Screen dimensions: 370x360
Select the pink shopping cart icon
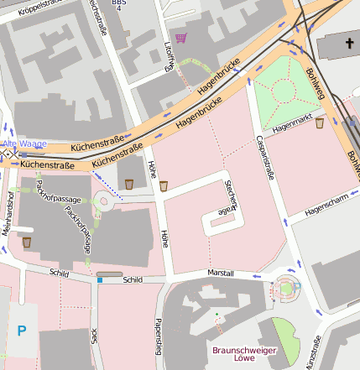point(181,38)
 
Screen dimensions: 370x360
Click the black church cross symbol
point(349,43)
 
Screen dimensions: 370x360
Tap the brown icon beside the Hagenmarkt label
point(320,123)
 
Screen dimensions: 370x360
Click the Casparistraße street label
point(270,156)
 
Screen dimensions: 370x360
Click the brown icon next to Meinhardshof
point(27,242)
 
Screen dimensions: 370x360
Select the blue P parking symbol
point(22,331)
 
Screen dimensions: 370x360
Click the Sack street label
point(94,338)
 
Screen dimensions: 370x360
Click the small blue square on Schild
point(100,280)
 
